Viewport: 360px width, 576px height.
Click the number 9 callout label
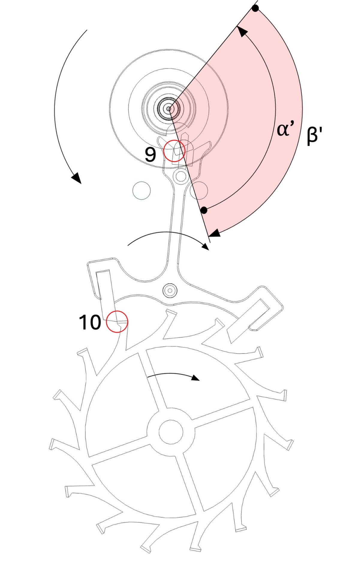[x=150, y=154]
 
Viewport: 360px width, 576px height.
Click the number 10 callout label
[x=90, y=322]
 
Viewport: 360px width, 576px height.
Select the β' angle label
[x=313, y=136]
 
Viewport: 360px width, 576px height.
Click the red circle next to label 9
[x=174, y=151]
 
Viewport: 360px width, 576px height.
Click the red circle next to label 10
[x=117, y=321]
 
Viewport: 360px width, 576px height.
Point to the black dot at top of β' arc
[x=255, y=9]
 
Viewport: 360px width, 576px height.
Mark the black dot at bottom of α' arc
[x=204, y=210]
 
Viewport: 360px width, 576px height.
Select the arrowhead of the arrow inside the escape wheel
[x=196, y=378]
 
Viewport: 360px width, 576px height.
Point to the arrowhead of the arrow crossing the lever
[x=206, y=247]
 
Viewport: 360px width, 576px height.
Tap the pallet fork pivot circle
[x=170, y=290]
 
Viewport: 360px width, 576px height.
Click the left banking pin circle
[x=141, y=190]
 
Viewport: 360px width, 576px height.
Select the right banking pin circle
[x=199, y=190]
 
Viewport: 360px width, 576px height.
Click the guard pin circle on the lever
[x=181, y=176]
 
